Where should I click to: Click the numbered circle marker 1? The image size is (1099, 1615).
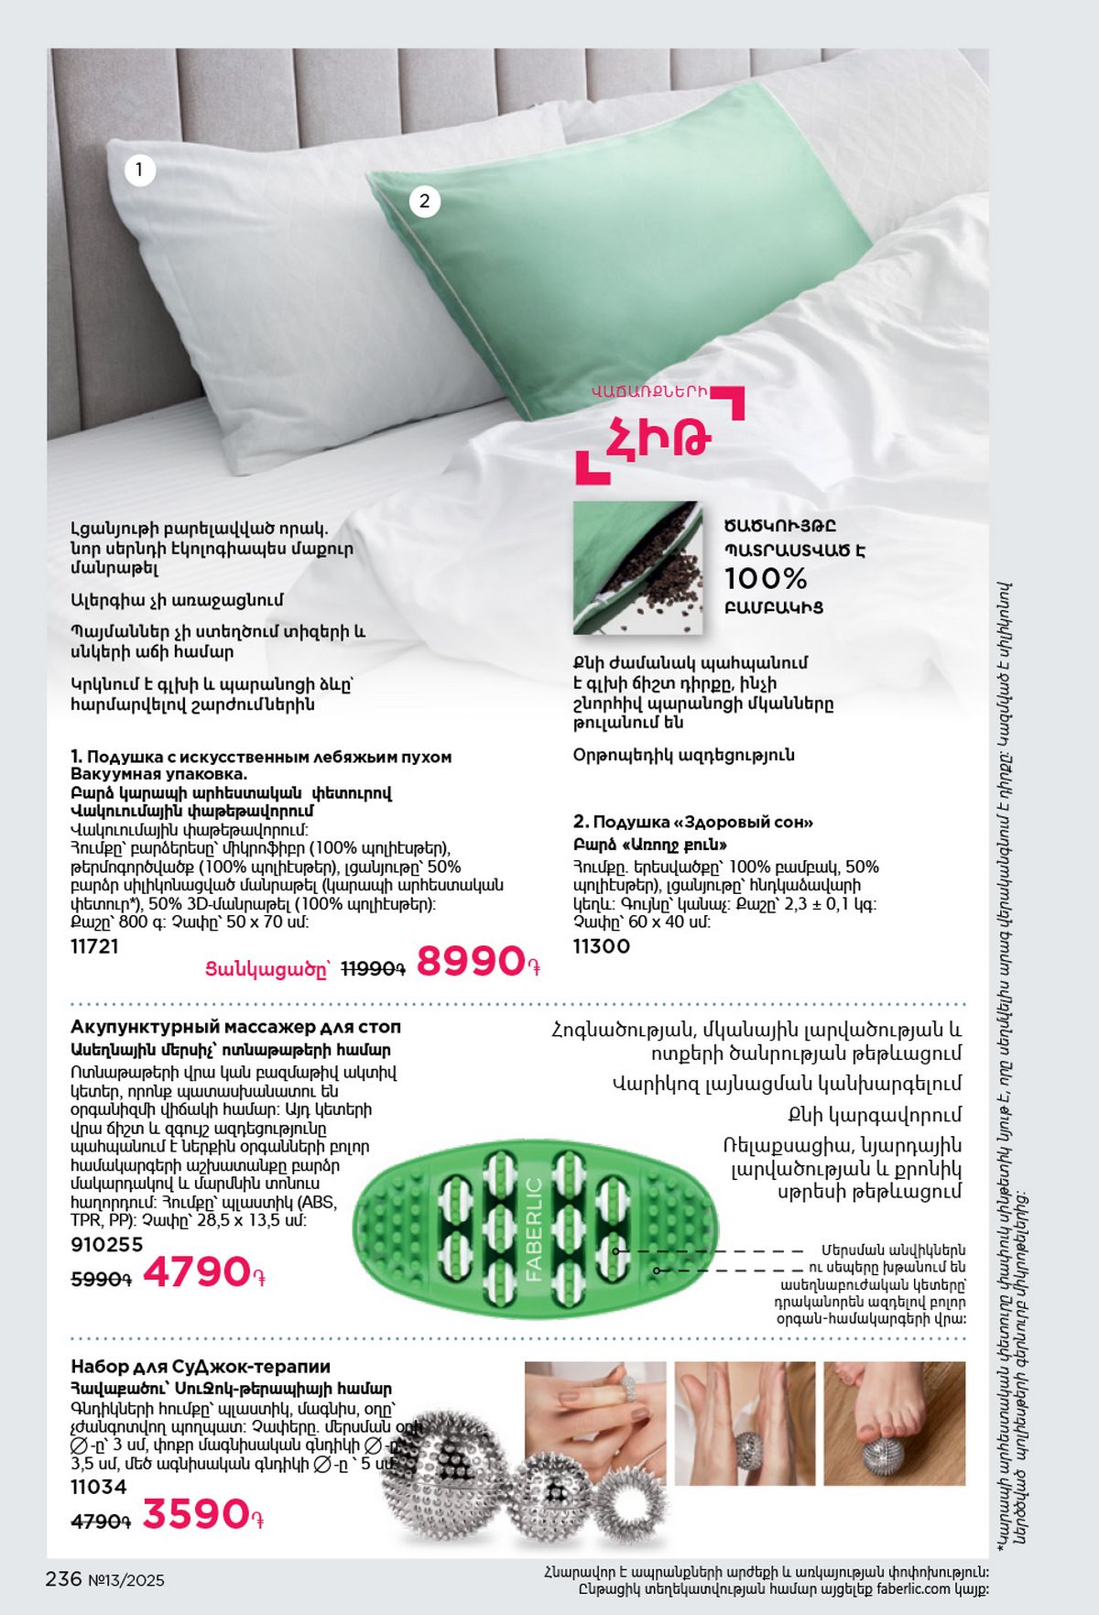click(139, 169)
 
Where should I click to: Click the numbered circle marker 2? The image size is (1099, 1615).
click(423, 202)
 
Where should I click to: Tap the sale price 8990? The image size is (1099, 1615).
click(471, 962)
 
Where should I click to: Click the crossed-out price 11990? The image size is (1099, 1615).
click(373, 968)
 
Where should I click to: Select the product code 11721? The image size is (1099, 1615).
click(94, 946)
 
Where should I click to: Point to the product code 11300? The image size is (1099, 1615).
click(601, 946)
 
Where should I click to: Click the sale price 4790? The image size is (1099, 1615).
click(197, 1272)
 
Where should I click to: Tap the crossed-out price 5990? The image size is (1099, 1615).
click(101, 1279)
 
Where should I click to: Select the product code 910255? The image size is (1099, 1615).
click(107, 1244)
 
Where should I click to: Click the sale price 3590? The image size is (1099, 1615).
click(196, 1514)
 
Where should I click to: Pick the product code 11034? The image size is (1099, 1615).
click(98, 1487)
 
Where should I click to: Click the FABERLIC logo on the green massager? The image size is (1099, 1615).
click(534, 1228)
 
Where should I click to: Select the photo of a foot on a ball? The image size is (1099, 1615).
click(894, 1423)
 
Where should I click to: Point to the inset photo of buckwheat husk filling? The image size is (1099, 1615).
click(637, 568)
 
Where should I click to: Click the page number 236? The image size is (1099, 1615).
click(64, 1578)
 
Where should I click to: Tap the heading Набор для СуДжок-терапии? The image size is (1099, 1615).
click(200, 1367)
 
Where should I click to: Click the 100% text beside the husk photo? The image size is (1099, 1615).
click(766, 579)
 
